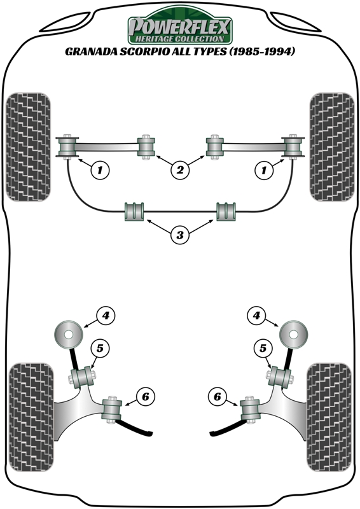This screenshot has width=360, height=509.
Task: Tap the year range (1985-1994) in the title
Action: (x=262, y=52)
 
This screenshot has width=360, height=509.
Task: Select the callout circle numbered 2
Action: (x=180, y=169)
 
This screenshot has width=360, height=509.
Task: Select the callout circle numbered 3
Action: (x=180, y=235)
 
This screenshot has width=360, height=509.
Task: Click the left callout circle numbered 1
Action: (x=100, y=169)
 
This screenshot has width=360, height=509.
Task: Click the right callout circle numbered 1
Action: (x=263, y=169)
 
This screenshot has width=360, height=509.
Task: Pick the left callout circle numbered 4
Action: (x=106, y=315)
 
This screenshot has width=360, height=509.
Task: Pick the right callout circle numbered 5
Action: (x=263, y=348)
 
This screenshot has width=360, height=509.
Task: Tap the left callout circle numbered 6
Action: (x=145, y=396)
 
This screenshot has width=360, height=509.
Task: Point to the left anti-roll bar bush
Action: (x=134, y=212)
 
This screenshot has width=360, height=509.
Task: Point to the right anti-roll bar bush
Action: (x=226, y=212)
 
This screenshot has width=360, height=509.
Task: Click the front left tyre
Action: (x=28, y=147)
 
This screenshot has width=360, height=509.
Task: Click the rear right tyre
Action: (x=329, y=418)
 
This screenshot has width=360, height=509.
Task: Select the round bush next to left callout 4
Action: (x=68, y=335)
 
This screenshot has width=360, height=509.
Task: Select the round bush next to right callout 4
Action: (x=293, y=335)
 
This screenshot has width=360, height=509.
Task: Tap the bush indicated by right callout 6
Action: (x=249, y=410)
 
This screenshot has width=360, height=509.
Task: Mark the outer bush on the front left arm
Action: (x=67, y=147)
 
